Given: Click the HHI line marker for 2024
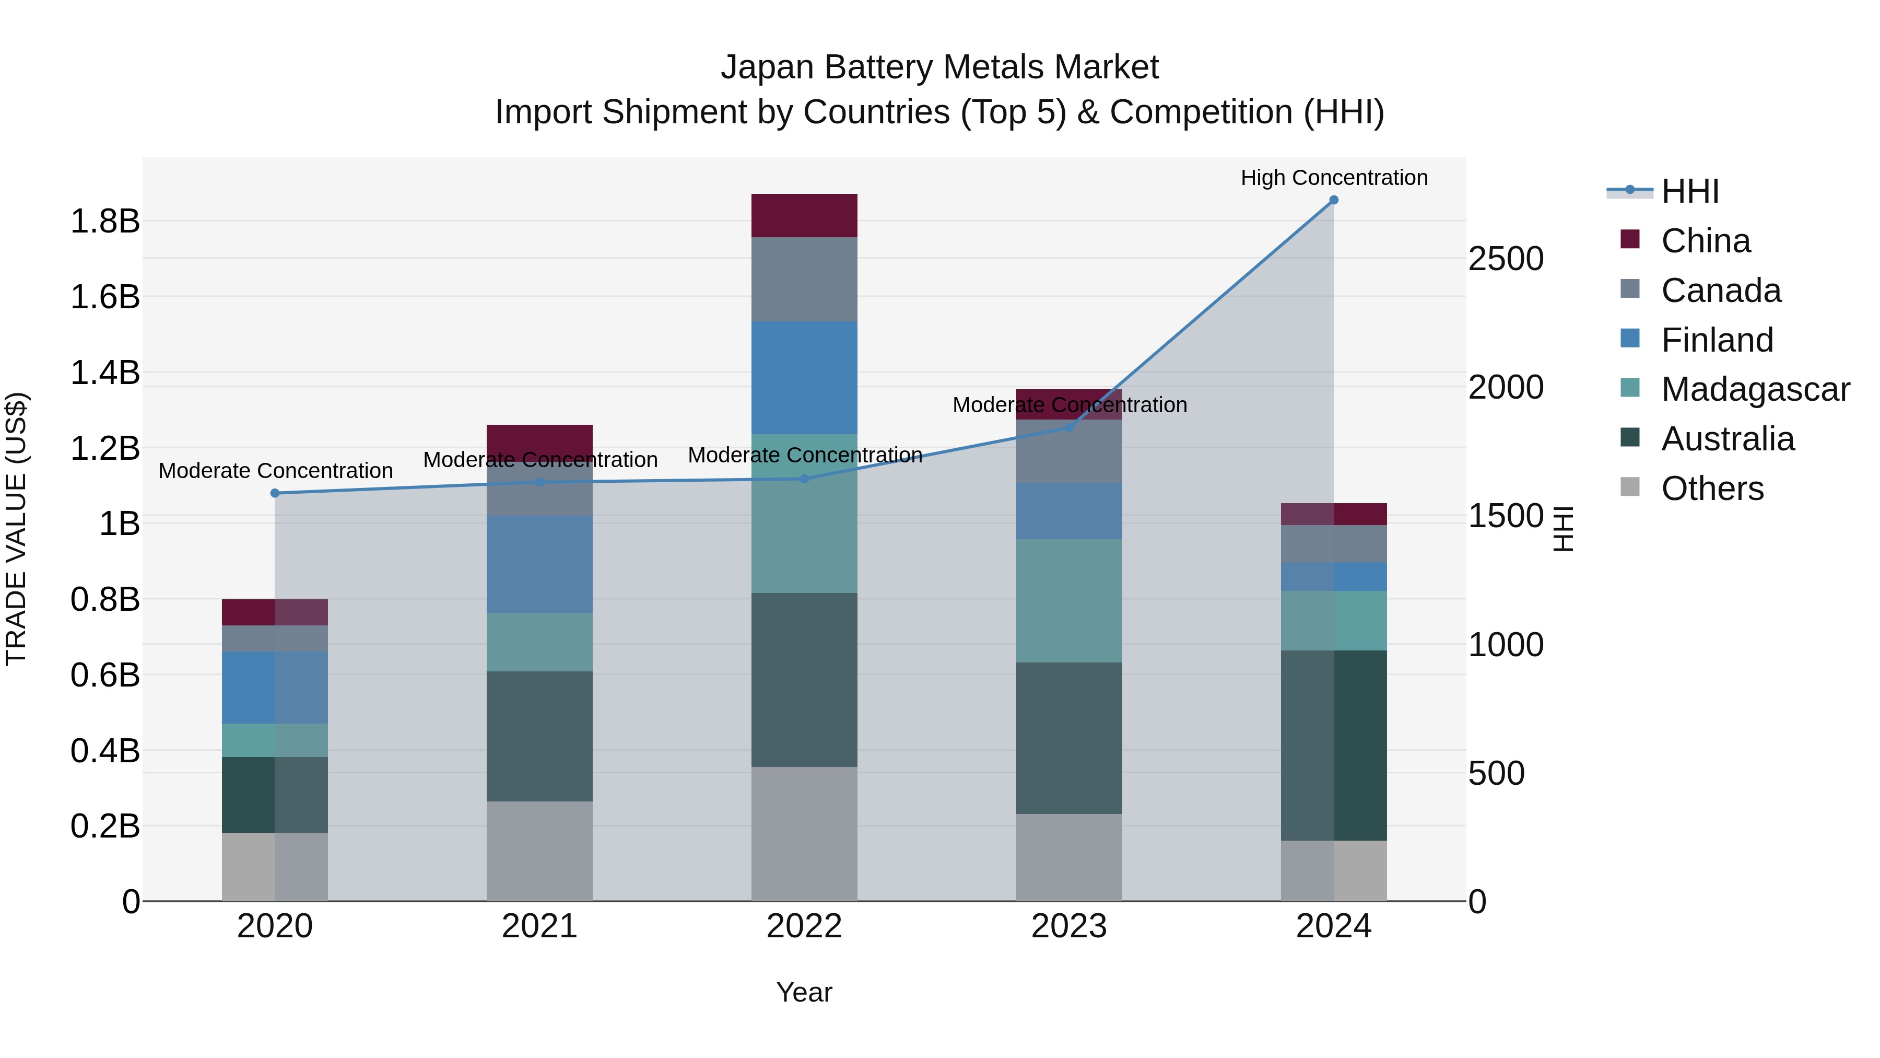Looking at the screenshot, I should (x=1333, y=200).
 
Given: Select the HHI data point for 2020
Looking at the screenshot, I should (x=275, y=494).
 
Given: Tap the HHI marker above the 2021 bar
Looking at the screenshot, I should (x=539, y=482).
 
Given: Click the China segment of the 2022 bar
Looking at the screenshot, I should (x=804, y=215).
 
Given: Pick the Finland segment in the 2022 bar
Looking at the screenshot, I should (x=804, y=378).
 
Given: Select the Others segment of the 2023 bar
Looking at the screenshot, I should (x=1068, y=857).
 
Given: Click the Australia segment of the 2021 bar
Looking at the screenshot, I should (x=539, y=736).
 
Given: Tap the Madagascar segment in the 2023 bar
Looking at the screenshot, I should (x=1068, y=600).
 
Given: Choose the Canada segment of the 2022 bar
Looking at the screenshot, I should (x=804, y=279).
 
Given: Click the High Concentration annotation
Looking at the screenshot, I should (x=1333, y=178).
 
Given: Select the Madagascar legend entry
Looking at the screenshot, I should (x=1755, y=389).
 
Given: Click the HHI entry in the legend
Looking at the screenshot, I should (x=1689, y=191).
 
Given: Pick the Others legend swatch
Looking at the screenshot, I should (x=1630, y=487).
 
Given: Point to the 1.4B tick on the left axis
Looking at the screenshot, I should (x=104, y=373).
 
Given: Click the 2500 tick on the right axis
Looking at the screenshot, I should (x=1506, y=259).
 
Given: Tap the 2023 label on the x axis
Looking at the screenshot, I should (x=1068, y=926).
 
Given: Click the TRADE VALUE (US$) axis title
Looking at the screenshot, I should (x=16, y=529).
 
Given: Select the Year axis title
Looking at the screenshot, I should (x=804, y=992).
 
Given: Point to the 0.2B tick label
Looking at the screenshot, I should (x=104, y=826).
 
